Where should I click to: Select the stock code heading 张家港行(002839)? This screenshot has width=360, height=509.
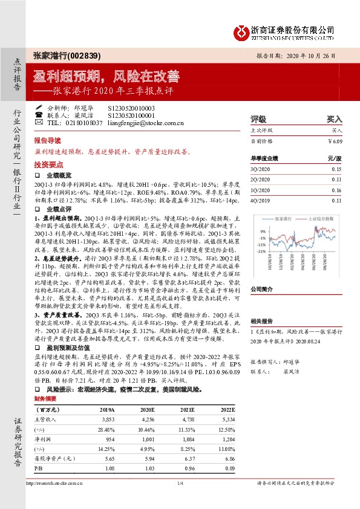click(x=67, y=55)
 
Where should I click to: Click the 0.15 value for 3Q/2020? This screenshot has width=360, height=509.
click(x=336, y=169)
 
